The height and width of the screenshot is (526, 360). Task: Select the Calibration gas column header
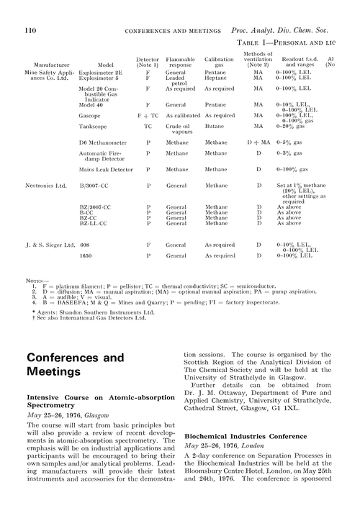pos(219,60)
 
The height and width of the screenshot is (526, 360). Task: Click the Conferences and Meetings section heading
pos(75,363)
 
